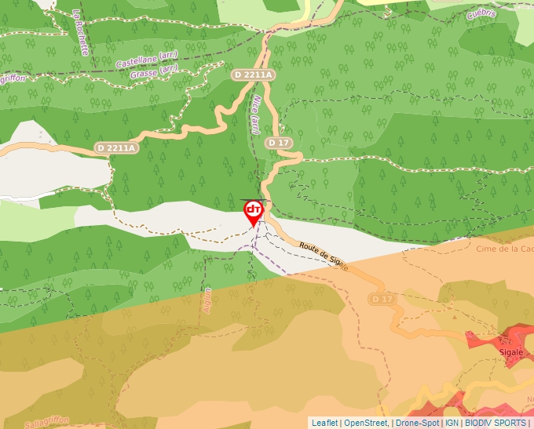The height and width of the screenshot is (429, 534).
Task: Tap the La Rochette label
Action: (x=81, y=31)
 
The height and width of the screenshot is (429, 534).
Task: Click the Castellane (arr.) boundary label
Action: (x=147, y=59)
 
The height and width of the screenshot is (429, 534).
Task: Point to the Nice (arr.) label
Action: (x=256, y=114)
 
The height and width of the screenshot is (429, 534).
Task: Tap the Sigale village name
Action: (x=511, y=353)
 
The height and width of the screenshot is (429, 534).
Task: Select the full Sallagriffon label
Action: (x=47, y=423)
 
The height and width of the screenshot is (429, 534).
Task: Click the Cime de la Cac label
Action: (x=505, y=249)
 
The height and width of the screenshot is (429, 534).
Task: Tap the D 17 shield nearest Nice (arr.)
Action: (x=279, y=143)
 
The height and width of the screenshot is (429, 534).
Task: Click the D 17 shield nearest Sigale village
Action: (x=382, y=300)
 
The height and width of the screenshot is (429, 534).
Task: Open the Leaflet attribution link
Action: (x=324, y=423)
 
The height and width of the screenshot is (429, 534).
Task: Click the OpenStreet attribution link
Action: (x=366, y=423)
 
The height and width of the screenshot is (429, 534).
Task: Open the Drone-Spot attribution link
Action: (x=417, y=423)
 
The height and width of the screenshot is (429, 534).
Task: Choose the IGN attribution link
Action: (x=452, y=423)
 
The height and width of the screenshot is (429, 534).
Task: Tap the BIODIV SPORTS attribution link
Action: (x=496, y=423)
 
